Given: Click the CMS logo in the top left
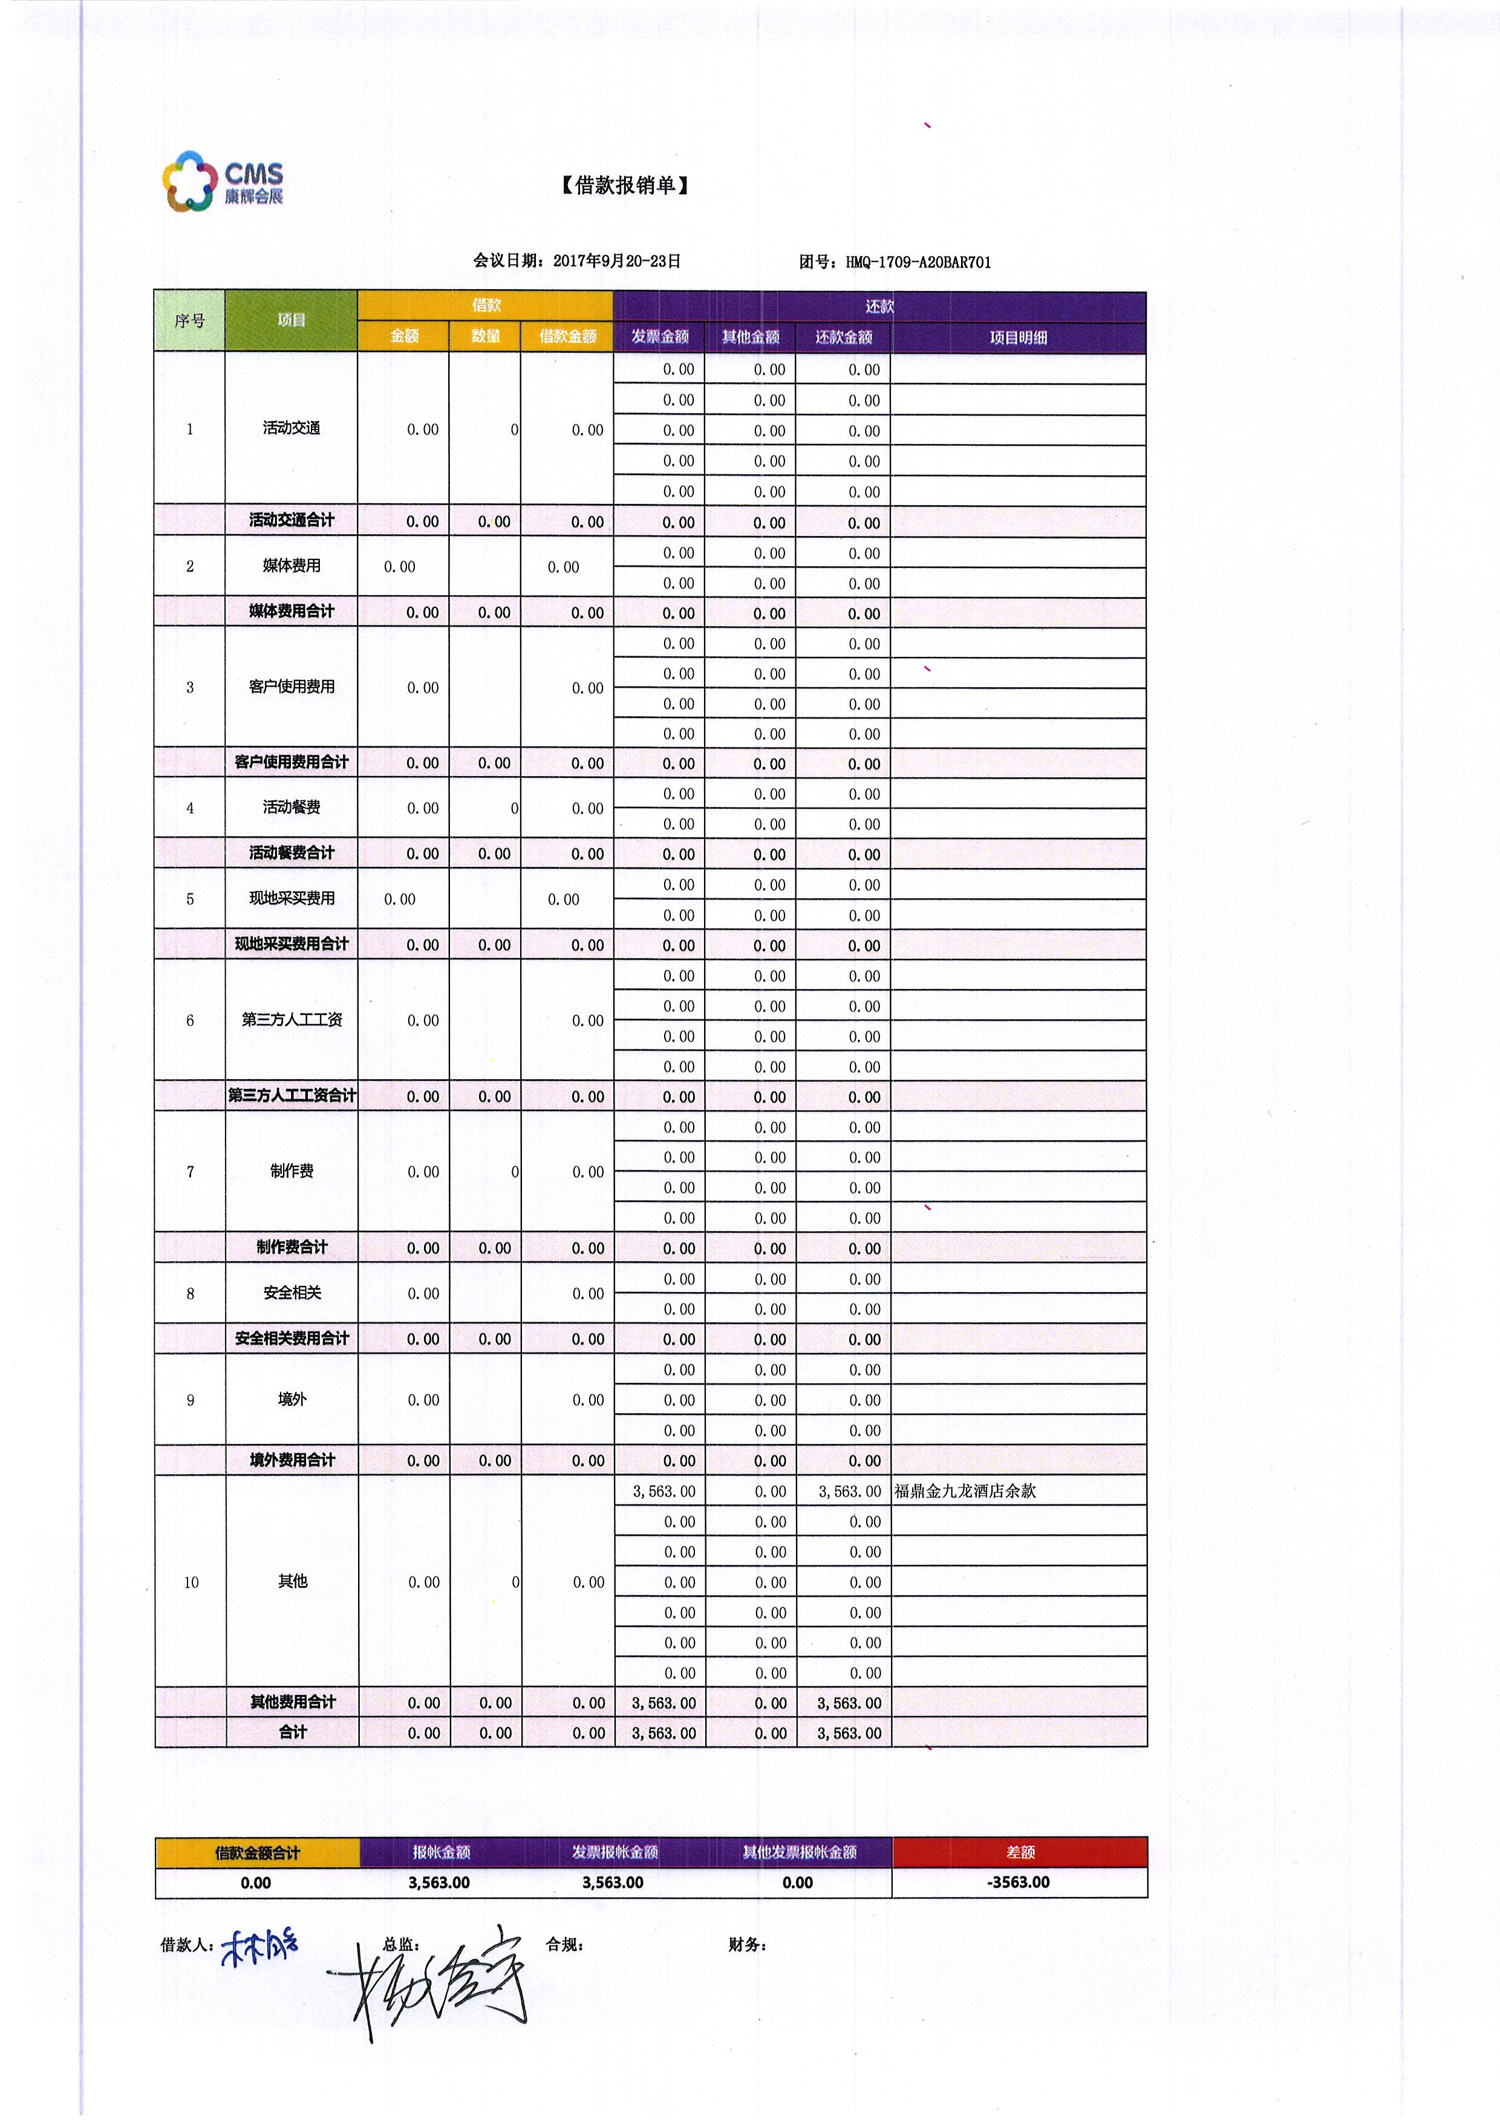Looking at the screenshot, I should pyautogui.click(x=223, y=181).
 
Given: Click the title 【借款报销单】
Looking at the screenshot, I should pyautogui.click(x=625, y=186).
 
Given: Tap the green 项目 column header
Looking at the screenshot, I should pyautogui.click(x=291, y=320).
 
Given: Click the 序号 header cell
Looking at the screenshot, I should pyautogui.click(x=189, y=321).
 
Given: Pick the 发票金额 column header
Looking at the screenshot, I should pyautogui.click(x=660, y=336).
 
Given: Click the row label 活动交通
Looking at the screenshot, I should pyautogui.click(x=291, y=428).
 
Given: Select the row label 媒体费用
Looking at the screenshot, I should pyautogui.click(x=291, y=566).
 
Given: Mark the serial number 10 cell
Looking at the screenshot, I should pyautogui.click(x=191, y=1582).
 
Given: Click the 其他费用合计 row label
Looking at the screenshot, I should pyautogui.click(x=292, y=1702).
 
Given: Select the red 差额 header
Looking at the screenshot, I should pyautogui.click(x=1020, y=1852).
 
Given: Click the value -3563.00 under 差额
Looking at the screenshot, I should pyautogui.click(x=1019, y=1882).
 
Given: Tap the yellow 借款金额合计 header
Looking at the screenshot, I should pyautogui.click(x=257, y=1852).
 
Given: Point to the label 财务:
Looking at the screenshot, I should pyautogui.click(x=747, y=1945).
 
